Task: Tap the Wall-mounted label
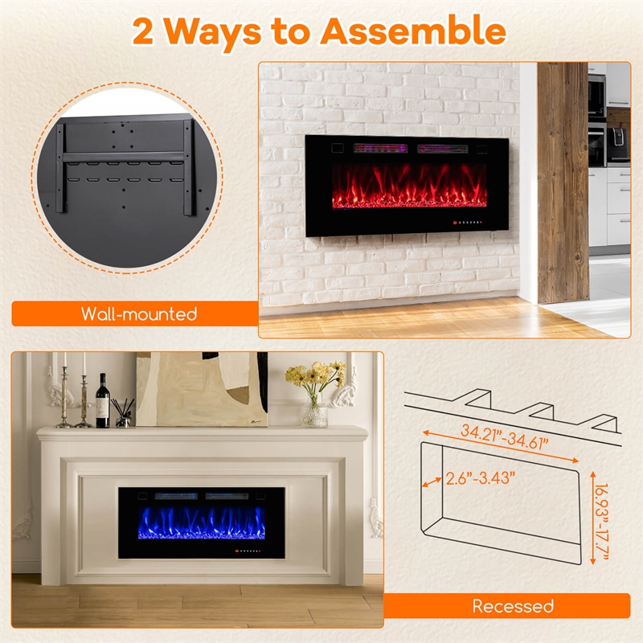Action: coord(138,313)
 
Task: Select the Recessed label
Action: coord(513,605)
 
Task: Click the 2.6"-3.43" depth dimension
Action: coord(481,477)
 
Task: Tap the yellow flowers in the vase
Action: coord(317,375)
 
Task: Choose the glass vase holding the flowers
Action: coord(314,412)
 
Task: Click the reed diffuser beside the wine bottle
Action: coord(123,412)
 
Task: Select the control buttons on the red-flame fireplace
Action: coord(470,219)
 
